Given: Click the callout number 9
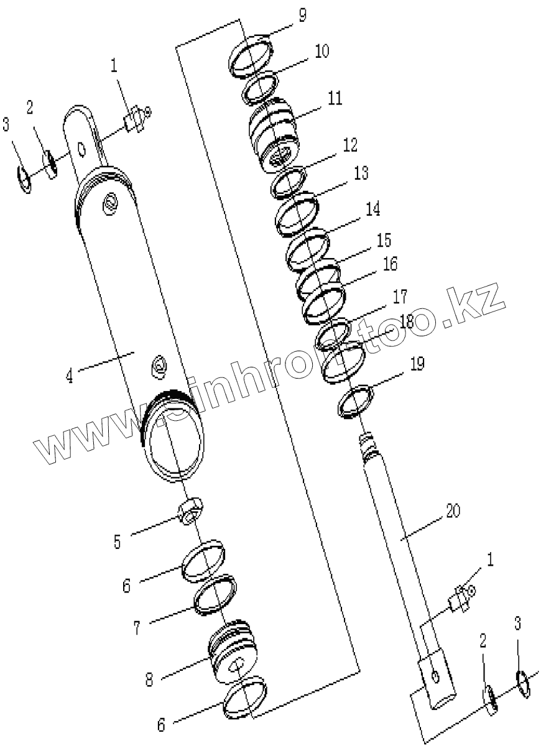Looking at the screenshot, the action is (x=302, y=16).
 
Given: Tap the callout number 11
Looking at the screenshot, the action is (x=335, y=98).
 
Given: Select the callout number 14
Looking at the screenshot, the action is (x=372, y=209).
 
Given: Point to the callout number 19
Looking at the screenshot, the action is (x=417, y=363).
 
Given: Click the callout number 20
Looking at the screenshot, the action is (x=453, y=510).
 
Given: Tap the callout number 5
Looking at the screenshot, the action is (x=117, y=542).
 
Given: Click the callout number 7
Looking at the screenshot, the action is (x=137, y=628).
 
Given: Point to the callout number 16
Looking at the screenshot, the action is (x=390, y=264).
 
